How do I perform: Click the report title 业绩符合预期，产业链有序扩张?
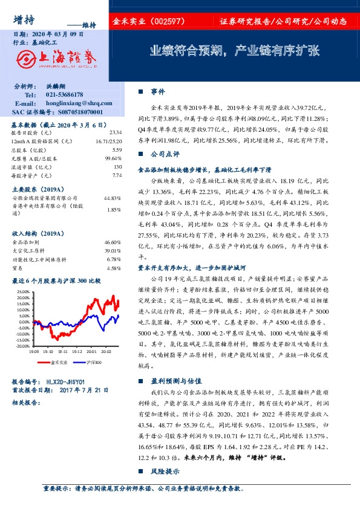tap(234, 51)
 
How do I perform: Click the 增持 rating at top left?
tap(22, 20)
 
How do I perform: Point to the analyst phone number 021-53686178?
tap(65, 96)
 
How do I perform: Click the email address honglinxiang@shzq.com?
tap(74, 104)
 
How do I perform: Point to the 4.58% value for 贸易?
tap(115, 268)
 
